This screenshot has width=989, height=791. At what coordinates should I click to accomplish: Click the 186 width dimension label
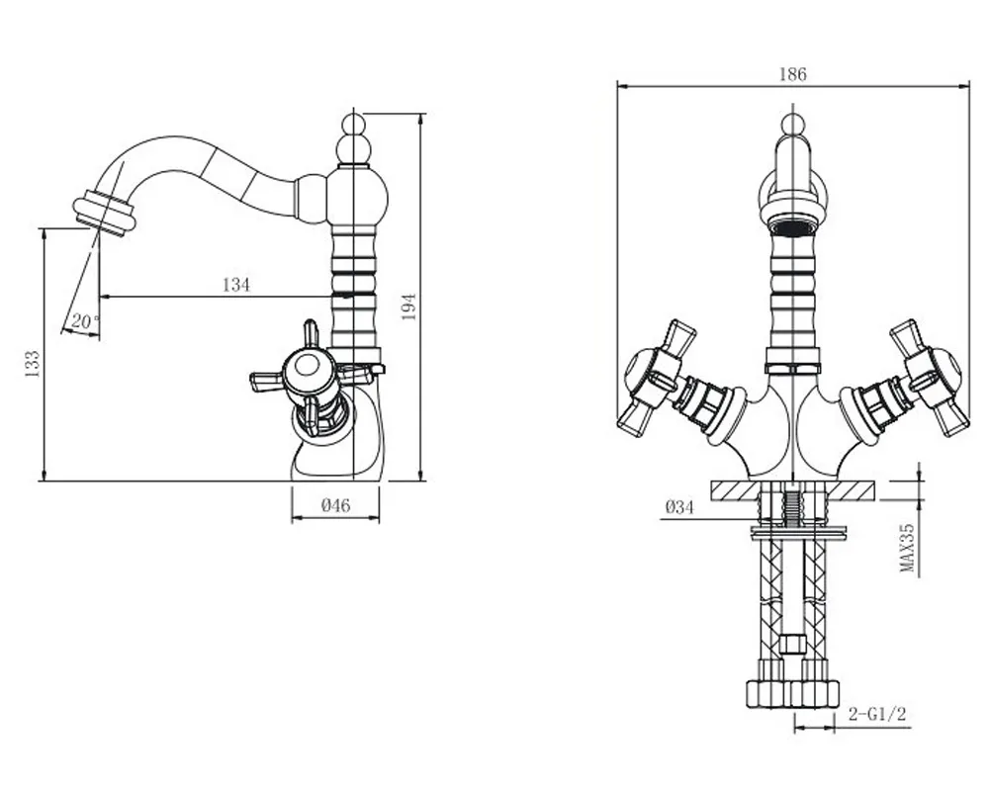coord(792,74)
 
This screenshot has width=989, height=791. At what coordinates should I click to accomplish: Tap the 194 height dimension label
coord(409,307)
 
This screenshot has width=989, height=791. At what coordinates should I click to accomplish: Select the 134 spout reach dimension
coord(236,285)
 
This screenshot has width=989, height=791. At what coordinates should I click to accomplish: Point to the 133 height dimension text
coord(33,364)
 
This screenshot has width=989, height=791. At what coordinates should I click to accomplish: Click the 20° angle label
coord(85,320)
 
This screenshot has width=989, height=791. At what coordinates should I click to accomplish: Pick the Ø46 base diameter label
coord(335,505)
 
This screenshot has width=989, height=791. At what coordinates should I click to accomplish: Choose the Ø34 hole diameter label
coord(679,506)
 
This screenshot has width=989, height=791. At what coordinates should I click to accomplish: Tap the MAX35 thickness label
coord(907,547)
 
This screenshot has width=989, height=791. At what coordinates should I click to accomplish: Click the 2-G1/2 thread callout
coord(876,714)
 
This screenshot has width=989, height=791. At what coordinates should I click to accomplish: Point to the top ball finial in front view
coord(792,124)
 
